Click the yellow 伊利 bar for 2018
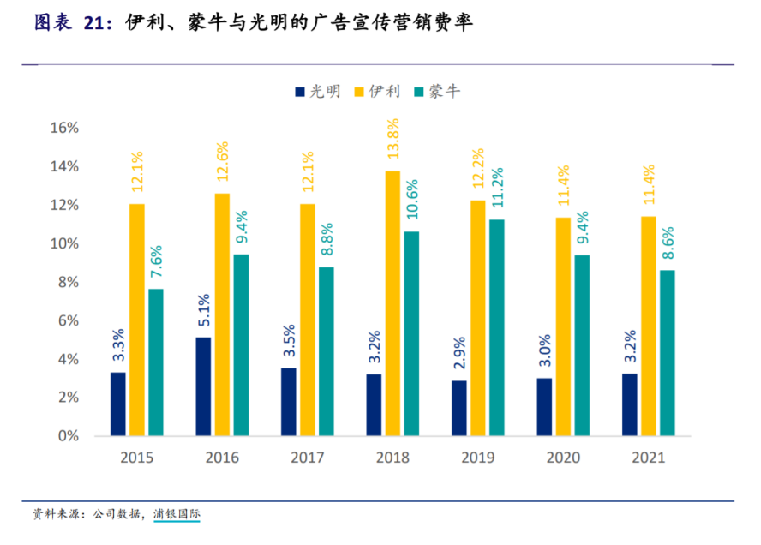coord(392,303)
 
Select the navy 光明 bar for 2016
coord(203,386)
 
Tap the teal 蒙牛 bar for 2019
coord(496,327)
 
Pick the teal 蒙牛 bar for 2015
coord(155,362)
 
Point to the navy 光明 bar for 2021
coord(629,404)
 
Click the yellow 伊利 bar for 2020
coord(563,326)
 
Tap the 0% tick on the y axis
coord(68,436)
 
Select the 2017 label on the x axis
coord(307,458)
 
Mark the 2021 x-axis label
coord(648,458)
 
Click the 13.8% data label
coord(392,141)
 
